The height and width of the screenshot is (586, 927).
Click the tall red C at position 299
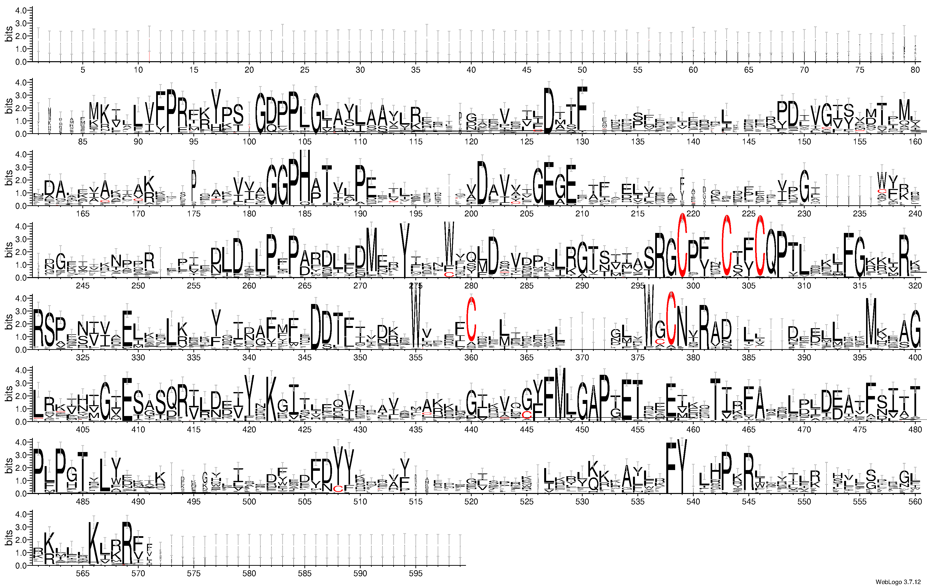coord(682,246)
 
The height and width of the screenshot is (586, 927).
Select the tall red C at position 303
coord(726,246)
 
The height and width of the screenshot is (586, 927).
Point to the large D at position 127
coord(549,111)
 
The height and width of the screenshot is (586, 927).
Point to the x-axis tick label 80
coord(915,70)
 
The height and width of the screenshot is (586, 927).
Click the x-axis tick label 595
coord(416,574)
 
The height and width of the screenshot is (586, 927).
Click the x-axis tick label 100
coord(249,142)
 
